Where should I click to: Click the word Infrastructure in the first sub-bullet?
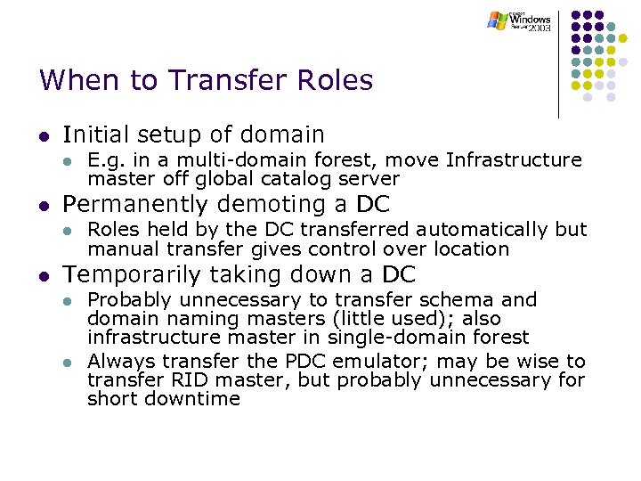pyautogui.click(x=514, y=160)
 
